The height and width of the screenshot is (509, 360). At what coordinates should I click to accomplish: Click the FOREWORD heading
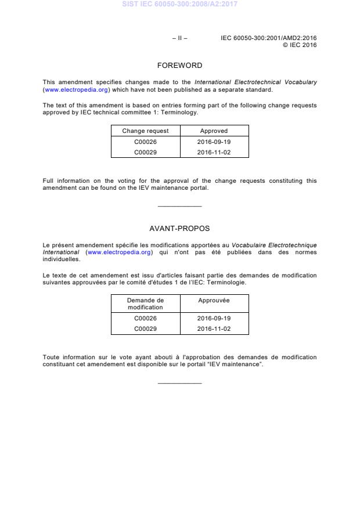click(x=179, y=66)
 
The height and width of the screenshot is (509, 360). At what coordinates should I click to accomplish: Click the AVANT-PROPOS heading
click(x=179, y=229)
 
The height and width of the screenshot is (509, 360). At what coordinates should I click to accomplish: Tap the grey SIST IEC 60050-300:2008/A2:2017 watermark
click(x=179, y=5)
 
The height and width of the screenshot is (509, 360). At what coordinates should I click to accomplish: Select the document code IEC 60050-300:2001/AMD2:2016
click(x=268, y=38)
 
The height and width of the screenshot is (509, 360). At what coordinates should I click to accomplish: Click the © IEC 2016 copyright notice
click(x=300, y=45)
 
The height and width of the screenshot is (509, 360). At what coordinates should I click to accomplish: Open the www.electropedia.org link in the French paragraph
click(x=120, y=252)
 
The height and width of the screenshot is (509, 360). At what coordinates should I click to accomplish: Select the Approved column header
click(x=214, y=131)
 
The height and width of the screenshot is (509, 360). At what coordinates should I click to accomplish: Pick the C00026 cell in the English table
click(x=145, y=142)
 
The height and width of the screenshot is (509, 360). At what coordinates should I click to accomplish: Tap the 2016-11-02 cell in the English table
click(x=214, y=152)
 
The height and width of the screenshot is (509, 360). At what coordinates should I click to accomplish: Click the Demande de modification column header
click(x=145, y=304)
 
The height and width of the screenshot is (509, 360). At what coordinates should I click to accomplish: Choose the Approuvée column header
click(x=214, y=301)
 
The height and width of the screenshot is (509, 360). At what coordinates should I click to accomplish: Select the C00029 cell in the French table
click(x=145, y=328)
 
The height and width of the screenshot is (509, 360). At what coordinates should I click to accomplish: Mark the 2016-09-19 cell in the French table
click(x=214, y=318)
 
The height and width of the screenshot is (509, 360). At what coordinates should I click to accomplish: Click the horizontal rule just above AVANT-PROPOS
click(x=179, y=207)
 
